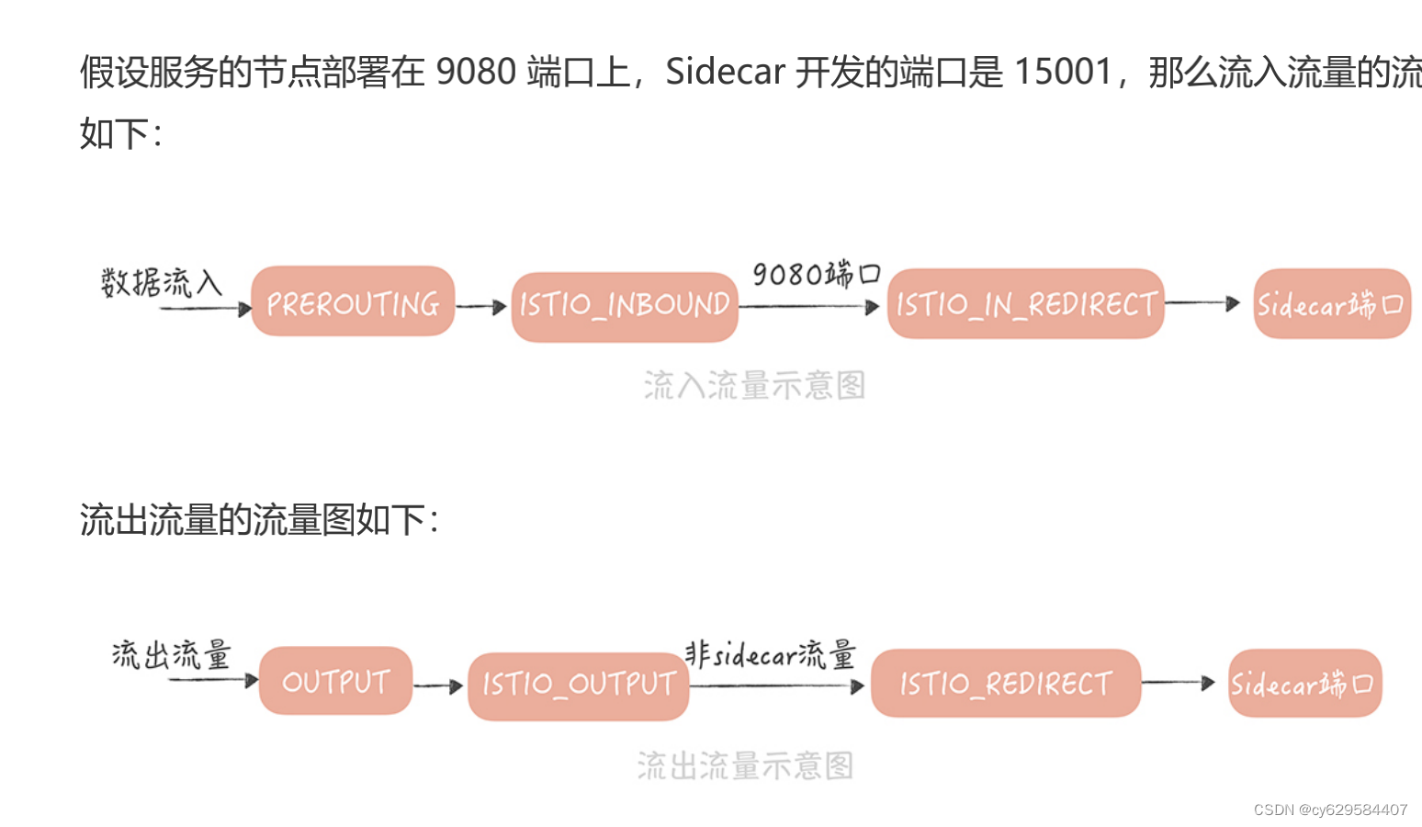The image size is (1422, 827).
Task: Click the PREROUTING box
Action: pyautogui.click(x=353, y=302)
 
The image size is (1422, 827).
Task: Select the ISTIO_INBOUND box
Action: pyautogui.click(x=625, y=306)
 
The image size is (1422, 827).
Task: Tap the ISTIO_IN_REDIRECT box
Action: pyautogui.click(x=1025, y=304)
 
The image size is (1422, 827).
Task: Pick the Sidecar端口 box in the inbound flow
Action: pyautogui.click(x=1331, y=304)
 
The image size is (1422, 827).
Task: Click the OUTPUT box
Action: pyautogui.click(x=335, y=681)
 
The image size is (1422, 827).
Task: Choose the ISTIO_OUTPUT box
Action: pyautogui.click(x=579, y=685)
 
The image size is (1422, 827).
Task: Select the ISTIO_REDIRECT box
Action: pyautogui.click(x=1005, y=684)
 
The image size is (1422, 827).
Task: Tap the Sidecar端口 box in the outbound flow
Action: pyautogui.click(x=1304, y=684)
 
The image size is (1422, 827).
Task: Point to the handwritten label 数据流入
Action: pyautogui.click(x=162, y=282)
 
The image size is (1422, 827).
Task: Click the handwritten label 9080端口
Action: pyautogui.click(x=816, y=274)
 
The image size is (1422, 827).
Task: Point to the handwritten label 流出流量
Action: pyautogui.click(x=171, y=655)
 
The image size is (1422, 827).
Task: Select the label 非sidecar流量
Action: pyautogui.click(x=770, y=654)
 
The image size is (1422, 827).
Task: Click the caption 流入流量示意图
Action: pyautogui.click(x=754, y=386)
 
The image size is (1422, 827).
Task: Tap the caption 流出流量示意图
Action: pyautogui.click(x=745, y=765)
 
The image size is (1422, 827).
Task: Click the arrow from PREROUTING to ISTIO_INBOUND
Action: pyautogui.click(x=481, y=307)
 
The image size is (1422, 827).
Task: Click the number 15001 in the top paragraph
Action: pyautogui.click(x=1063, y=72)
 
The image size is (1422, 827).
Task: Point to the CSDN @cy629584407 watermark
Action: pyautogui.click(x=1330, y=810)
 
